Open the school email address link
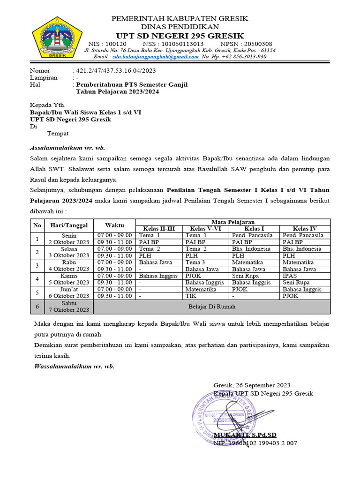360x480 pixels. (156, 57)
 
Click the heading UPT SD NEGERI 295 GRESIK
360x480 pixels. (180, 36)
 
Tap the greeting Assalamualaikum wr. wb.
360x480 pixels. (67, 148)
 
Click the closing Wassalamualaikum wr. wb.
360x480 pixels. (74, 366)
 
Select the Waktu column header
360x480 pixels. (114, 225)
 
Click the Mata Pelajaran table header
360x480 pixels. (233, 222)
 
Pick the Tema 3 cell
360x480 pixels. (195, 262)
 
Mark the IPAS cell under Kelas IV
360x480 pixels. (289, 276)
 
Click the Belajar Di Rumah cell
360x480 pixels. (212, 307)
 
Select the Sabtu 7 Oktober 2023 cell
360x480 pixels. (69, 307)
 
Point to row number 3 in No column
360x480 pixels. (37, 266)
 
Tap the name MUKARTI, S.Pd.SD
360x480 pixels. (245, 435)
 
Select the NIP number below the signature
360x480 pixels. (255, 443)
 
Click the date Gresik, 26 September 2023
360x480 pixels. (252, 385)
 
